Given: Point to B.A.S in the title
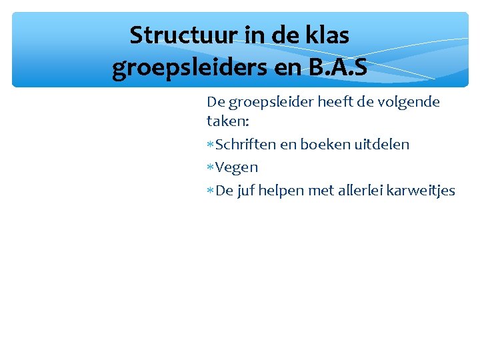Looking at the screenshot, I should (333, 67).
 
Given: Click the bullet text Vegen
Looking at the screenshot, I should (237, 167).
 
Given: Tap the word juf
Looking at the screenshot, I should (246, 191).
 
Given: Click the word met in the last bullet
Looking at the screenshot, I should (323, 191).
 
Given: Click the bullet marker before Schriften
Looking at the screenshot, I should (210, 145).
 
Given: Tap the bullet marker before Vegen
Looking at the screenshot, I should (210, 167).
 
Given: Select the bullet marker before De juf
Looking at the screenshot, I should (210, 191).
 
